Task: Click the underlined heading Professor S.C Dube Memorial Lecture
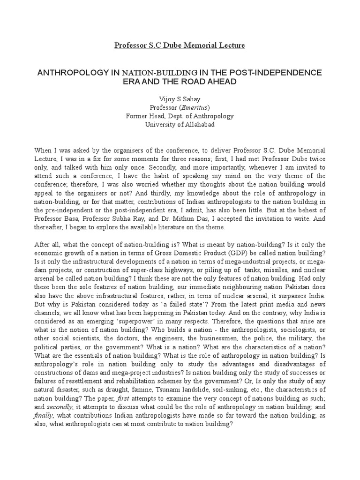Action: click(180, 45)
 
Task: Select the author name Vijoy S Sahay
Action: click(180, 99)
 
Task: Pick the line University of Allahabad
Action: click(180, 124)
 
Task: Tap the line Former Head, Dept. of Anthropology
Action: click(180, 116)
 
